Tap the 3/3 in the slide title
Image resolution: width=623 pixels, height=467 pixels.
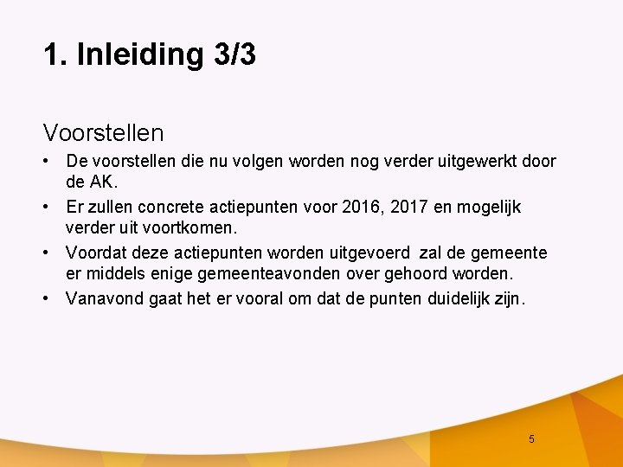click(x=233, y=54)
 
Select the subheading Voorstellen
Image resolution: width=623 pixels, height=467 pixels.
click(x=103, y=133)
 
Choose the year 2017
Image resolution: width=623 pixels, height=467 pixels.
click(x=409, y=208)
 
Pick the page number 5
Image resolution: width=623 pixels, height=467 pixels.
click(x=531, y=439)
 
